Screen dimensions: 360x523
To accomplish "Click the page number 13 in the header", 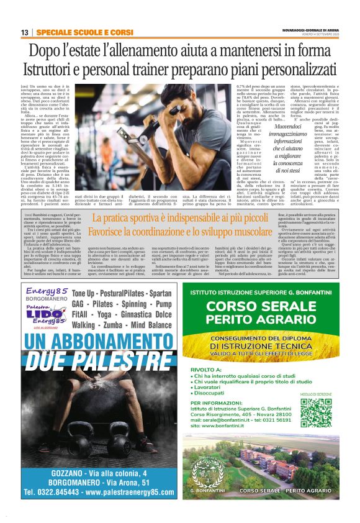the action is [x=25, y=32].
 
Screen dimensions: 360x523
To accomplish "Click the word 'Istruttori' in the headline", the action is [x=54, y=70].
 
